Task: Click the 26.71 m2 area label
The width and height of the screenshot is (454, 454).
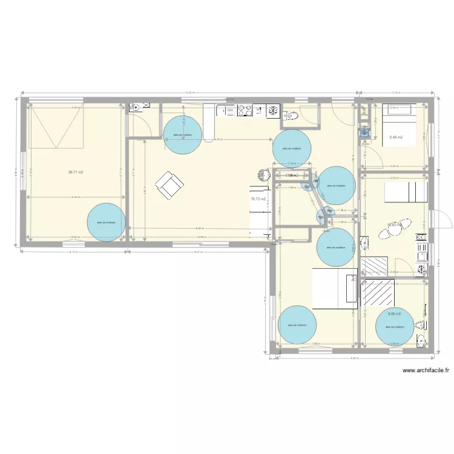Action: pos(76,173)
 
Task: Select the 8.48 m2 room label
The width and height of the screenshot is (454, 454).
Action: pos(396,137)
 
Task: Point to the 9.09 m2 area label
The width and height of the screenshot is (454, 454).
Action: pos(395,314)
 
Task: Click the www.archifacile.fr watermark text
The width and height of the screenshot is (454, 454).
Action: pos(426,370)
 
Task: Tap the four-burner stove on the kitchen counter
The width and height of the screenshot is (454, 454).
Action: pos(245,110)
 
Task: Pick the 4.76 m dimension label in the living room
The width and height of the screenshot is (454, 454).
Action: pos(217,140)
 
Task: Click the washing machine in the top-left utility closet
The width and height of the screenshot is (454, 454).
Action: pos(136,108)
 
